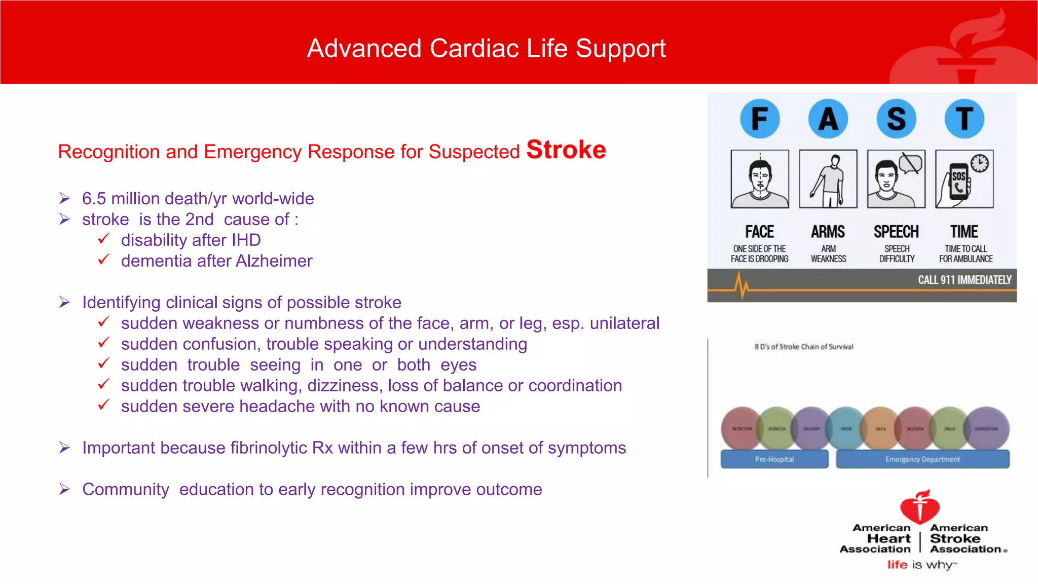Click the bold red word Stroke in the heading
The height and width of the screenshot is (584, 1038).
(566, 150)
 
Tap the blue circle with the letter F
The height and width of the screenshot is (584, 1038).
(759, 119)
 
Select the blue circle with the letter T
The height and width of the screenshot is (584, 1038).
(964, 119)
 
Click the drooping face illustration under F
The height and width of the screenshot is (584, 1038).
(760, 179)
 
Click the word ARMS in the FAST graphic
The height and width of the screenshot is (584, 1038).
(828, 232)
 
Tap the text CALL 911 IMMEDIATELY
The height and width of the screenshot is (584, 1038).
(964, 280)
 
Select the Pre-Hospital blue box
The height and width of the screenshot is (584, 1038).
(774, 459)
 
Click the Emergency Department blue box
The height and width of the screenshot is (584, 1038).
(922, 459)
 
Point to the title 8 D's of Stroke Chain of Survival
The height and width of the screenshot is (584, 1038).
(804, 347)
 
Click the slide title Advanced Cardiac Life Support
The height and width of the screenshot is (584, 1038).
(486, 49)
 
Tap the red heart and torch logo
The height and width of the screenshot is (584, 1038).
(920, 506)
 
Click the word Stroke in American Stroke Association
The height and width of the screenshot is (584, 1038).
(955, 538)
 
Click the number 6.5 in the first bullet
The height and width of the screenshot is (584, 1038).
(94, 199)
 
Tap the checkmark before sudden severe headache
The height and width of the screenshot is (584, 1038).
(104, 405)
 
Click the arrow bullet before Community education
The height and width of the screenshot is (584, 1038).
(64, 489)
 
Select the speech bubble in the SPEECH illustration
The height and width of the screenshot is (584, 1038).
(910, 164)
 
